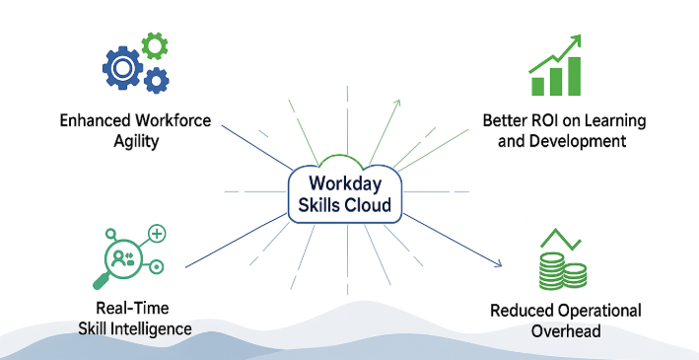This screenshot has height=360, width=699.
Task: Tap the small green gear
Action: [154, 44]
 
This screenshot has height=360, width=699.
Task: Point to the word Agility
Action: [136, 141]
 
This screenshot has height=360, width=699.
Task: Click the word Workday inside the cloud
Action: [344, 183]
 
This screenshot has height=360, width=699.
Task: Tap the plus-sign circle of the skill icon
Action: [157, 233]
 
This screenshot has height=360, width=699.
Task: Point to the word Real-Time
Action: [135, 309]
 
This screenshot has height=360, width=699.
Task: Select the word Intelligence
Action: [156, 328]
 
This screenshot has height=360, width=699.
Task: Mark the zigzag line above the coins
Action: [557, 241]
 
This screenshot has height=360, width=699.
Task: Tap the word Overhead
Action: [565, 331]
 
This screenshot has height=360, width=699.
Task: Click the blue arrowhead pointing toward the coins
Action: [499, 263]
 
